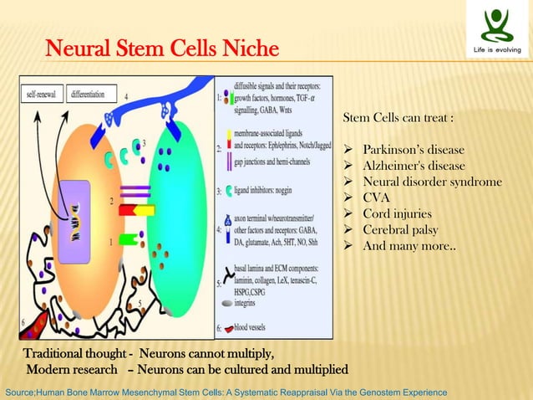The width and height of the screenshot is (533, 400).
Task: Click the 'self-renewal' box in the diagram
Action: coord(41,95)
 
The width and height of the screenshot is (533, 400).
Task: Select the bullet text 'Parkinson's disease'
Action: coord(413,150)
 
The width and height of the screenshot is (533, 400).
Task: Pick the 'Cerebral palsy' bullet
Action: coord(401,229)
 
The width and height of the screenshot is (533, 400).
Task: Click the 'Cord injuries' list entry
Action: coord(398,213)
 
